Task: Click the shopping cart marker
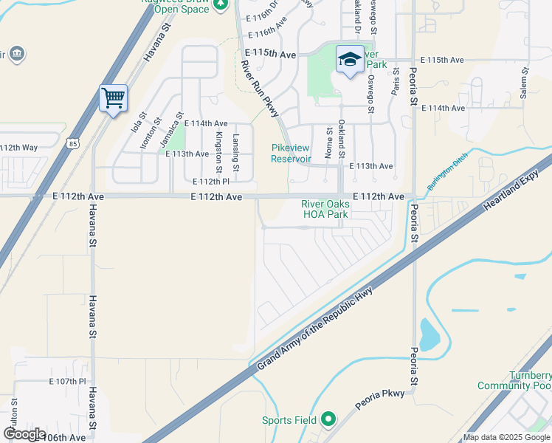113,97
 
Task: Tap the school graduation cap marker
350,59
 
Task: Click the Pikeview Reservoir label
295,153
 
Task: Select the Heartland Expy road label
508,195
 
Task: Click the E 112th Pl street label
211,182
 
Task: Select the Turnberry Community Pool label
514,380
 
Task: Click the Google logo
24,434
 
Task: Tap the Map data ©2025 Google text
506,437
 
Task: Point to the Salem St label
525,83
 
